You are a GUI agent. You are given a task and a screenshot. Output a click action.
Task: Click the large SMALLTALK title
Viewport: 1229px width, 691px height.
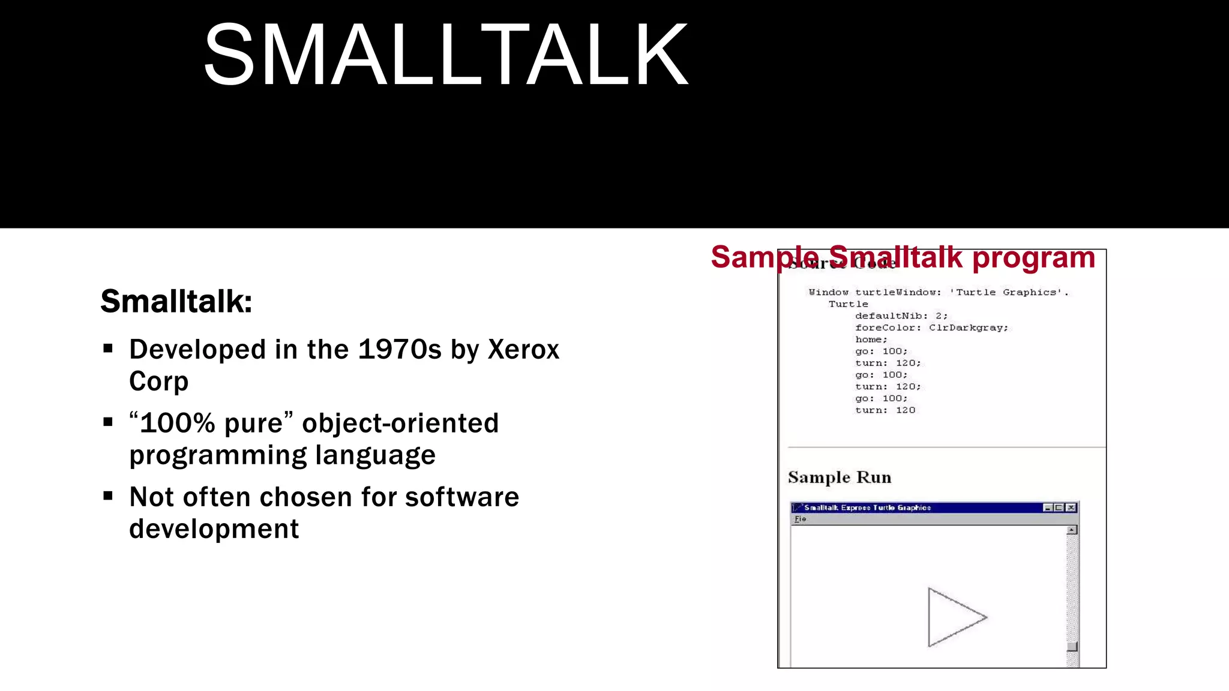445,55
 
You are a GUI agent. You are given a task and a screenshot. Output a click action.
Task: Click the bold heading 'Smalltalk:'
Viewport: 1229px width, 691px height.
176,301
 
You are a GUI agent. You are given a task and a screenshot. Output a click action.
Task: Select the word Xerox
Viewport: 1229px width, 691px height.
523,350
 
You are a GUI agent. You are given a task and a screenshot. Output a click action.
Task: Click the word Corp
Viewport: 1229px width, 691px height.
158,381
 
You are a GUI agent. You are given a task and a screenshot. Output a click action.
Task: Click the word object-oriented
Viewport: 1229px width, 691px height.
400,423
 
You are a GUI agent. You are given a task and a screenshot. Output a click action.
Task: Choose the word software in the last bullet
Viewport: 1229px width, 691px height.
461,497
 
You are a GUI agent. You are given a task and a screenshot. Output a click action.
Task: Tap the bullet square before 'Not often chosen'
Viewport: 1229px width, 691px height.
108,495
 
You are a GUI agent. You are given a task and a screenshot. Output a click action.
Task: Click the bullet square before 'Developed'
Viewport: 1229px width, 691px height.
108,348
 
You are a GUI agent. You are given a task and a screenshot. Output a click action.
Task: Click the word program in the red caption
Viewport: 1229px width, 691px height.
1033,258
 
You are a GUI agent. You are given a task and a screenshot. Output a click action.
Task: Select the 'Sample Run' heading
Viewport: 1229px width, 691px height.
839,477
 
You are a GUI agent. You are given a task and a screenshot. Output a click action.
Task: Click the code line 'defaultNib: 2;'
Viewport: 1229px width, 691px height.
901,316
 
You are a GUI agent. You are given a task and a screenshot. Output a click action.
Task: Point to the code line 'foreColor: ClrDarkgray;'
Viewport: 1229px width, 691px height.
931,328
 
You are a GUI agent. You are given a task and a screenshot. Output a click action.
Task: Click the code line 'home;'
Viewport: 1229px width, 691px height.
871,340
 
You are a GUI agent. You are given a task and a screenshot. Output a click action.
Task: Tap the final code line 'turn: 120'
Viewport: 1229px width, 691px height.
885,410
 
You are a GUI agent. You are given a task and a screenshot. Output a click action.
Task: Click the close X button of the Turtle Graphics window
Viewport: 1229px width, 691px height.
1071,507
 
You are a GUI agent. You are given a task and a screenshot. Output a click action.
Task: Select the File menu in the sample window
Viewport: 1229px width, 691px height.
800,519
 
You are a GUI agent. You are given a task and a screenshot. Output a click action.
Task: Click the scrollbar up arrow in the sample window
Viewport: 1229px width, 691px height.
1072,530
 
